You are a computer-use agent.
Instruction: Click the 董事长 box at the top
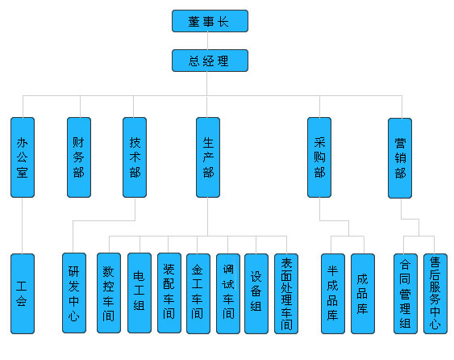click(210, 21)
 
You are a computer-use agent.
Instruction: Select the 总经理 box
click(210, 61)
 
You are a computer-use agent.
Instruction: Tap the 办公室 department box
click(23, 157)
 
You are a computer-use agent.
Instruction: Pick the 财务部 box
click(79, 157)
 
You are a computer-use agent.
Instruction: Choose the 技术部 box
click(135, 157)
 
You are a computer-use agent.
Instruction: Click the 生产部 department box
click(208, 157)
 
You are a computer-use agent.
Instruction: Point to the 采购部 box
click(319, 157)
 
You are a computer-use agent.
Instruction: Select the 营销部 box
click(400, 158)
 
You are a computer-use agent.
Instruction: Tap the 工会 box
click(23, 294)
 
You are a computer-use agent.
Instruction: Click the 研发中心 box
click(74, 293)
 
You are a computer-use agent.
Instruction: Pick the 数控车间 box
click(109, 293)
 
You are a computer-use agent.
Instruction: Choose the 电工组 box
click(140, 293)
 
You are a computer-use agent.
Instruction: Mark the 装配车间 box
click(169, 293)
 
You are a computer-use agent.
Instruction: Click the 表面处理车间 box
click(286, 294)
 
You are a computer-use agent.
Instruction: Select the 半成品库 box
click(333, 294)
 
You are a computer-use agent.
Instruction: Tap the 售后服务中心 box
click(435, 294)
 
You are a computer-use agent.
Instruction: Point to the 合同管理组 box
click(406, 294)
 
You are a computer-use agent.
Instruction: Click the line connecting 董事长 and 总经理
click(207, 41)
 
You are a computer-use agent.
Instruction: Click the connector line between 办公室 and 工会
click(22, 225)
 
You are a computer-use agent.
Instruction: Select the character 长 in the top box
click(223, 22)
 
